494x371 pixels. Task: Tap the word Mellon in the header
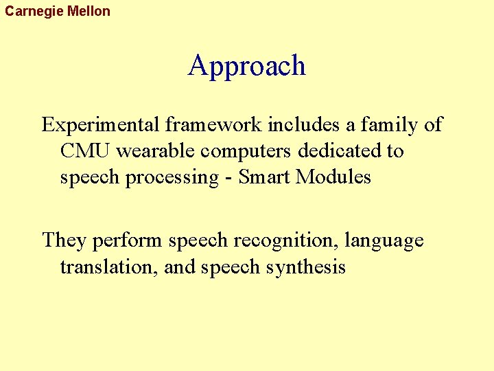(x=89, y=11)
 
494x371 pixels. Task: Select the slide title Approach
(x=247, y=66)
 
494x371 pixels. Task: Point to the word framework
(x=213, y=125)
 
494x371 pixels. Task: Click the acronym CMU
(x=86, y=151)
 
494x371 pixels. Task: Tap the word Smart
(x=265, y=177)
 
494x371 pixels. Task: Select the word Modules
(x=333, y=177)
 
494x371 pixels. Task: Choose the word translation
(x=108, y=267)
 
